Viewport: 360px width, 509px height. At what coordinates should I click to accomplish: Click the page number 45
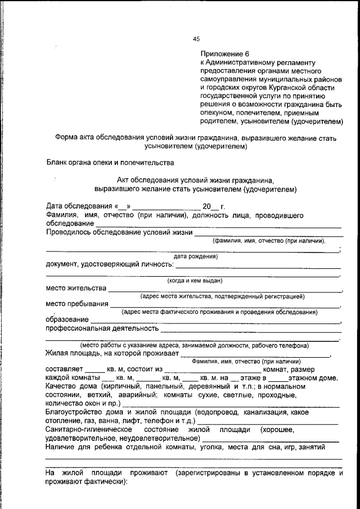click(x=196, y=39)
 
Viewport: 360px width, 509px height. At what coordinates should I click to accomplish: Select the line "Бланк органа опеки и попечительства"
click(x=110, y=163)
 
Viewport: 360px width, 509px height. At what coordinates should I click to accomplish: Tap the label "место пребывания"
click(x=77, y=304)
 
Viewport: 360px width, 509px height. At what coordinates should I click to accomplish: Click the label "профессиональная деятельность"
click(x=102, y=328)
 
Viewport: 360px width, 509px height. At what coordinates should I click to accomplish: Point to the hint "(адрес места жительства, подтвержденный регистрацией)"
click(x=222, y=296)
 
